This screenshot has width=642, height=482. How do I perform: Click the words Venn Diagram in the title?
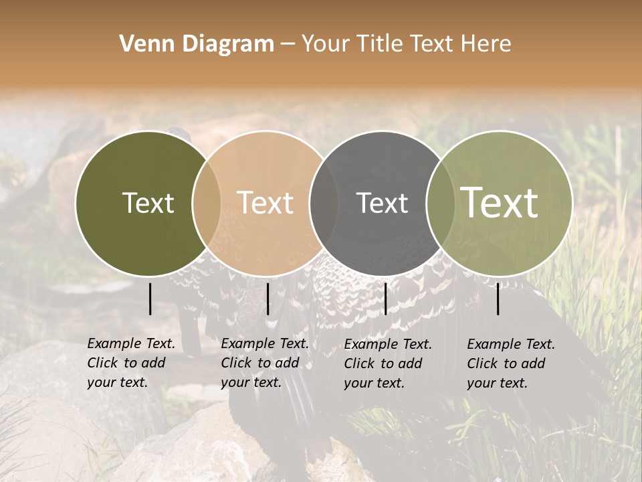coord(197,44)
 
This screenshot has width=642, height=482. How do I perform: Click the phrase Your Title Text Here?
coord(406,44)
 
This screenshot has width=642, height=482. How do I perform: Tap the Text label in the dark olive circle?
coord(148,203)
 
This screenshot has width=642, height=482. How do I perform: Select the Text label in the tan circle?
coord(265,203)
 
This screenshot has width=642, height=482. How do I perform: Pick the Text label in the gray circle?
coord(382,203)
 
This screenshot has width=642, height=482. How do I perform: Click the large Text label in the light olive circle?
coord(500,203)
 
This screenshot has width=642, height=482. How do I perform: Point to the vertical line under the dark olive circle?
coord(150,299)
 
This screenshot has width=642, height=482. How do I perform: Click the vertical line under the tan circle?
coord(267,299)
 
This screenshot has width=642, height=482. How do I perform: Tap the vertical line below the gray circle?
coord(385,299)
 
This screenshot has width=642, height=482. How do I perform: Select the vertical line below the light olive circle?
coord(498,299)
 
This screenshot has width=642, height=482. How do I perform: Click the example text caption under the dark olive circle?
coord(131,363)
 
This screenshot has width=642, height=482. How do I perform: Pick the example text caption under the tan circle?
coord(265,363)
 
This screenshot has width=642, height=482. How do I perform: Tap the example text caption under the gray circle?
coord(388,364)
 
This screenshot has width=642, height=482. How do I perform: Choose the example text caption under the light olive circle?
coord(511,364)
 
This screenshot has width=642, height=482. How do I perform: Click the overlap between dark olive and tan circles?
coord(207,203)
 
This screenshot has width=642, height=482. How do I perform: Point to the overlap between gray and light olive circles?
coord(440,203)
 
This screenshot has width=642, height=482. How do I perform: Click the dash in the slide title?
coord(287,44)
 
